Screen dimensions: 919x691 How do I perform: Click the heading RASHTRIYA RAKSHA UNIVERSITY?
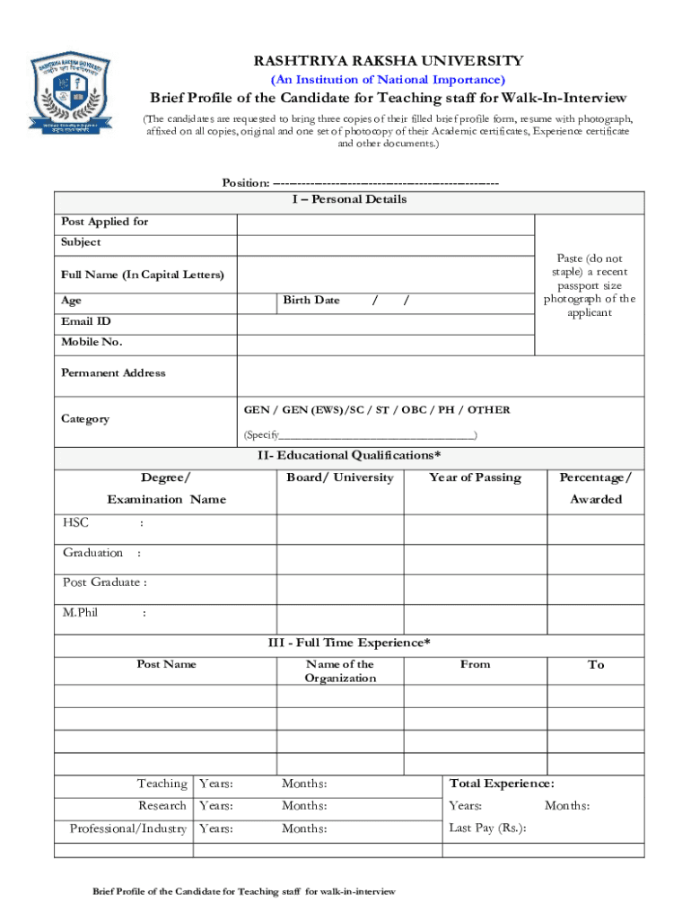point(388,61)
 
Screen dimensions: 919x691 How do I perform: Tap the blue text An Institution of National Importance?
point(388,80)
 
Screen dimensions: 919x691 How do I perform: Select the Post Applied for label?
point(105,222)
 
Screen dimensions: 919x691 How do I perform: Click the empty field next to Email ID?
point(385,322)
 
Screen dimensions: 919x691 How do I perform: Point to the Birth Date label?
point(311,300)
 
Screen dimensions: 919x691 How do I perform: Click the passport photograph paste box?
point(589,285)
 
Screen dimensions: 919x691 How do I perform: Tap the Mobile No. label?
point(92,342)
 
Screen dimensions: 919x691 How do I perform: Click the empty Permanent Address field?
point(440,374)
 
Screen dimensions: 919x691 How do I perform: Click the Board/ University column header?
point(339,477)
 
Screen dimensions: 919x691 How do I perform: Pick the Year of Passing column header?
point(475,477)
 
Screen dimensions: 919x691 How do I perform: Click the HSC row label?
point(76,522)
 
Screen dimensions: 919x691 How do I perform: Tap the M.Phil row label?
point(81,613)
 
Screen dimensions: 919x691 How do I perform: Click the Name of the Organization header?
point(339,671)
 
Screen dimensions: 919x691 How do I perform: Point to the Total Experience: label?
point(502,783)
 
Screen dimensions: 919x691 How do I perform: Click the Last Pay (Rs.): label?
point(487,827)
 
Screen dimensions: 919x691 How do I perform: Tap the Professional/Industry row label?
point(128,828)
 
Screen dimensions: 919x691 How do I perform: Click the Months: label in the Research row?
point(304,806)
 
